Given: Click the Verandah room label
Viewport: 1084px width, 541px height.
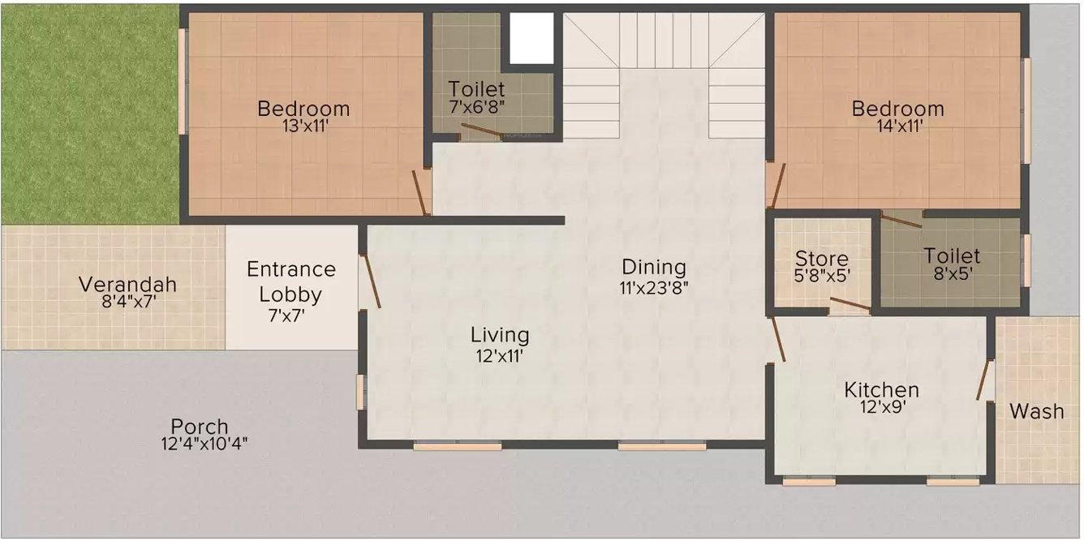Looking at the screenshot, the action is (127, 285).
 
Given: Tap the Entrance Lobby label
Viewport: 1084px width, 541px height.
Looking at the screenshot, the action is (290, 281).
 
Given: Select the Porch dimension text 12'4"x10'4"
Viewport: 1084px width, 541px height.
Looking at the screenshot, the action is (204, 443).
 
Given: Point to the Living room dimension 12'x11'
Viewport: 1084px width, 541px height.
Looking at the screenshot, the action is (500, 357).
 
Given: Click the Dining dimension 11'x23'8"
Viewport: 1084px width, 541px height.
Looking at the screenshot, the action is (654, 288).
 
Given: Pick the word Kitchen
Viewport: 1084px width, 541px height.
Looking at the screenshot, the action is (882, 389).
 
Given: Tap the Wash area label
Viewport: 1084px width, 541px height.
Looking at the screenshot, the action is (1037, 411).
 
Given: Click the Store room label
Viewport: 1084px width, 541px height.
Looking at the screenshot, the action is (822, 259).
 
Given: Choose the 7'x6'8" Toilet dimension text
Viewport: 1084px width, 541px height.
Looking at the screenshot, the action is (476, 107).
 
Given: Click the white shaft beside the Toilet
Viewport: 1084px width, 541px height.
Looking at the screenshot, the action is (531, 38).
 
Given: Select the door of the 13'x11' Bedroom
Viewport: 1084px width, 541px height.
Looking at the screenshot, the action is (420, 192).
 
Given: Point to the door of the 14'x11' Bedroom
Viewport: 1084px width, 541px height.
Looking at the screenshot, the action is (777, 187).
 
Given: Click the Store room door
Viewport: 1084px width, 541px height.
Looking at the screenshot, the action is (850, 304).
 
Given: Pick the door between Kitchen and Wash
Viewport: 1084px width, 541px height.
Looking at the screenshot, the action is (983, 380).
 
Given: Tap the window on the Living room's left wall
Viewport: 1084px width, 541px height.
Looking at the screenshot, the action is (360, 392).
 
